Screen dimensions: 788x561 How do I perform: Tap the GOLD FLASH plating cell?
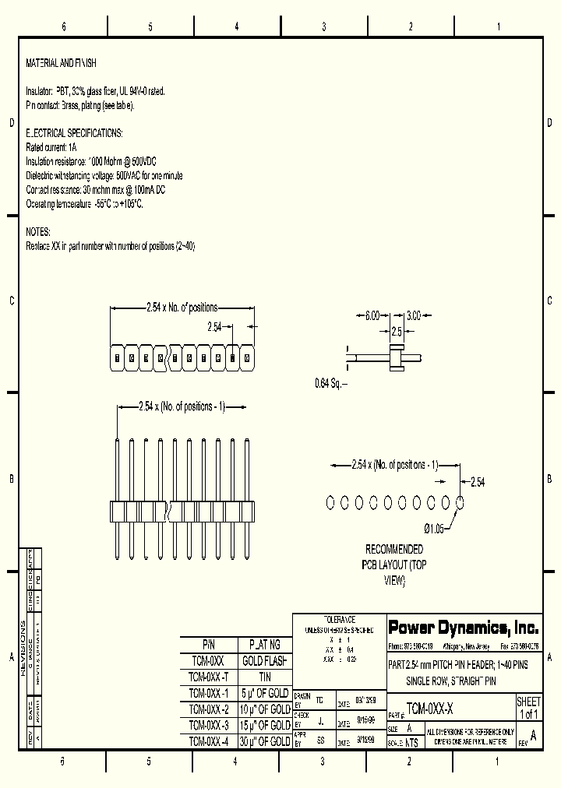264,661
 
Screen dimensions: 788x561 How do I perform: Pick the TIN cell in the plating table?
264,677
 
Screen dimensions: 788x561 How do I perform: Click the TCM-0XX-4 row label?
208,741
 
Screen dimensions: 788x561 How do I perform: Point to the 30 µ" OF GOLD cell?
264,741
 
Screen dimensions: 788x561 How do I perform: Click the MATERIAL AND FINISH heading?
62,63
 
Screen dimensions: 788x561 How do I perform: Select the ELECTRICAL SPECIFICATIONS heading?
74,133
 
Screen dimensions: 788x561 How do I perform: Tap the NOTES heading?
38,232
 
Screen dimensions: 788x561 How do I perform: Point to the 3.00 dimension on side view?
414,315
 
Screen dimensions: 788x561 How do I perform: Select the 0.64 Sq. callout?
330,382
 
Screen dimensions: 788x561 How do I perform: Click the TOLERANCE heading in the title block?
339,619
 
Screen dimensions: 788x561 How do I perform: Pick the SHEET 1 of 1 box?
528,708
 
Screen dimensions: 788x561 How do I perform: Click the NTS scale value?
411,743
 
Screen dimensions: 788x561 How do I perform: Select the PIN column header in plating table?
208,645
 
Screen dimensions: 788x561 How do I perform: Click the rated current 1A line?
51,147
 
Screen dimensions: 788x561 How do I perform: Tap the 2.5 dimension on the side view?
397,332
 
